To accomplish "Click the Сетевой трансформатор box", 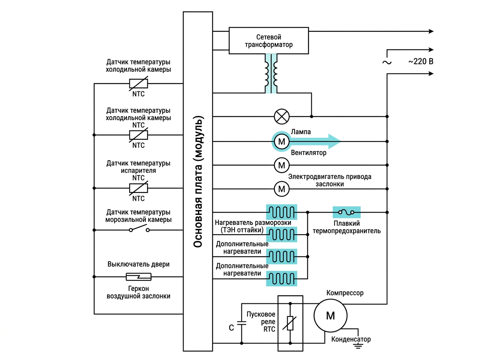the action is (x=269, y=41).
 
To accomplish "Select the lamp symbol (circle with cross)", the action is (x=282, y=116).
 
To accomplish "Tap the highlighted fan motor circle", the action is (x=282, y=142).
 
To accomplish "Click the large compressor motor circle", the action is (x=331, y=315).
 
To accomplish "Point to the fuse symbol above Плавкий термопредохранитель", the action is (x=347, y=212).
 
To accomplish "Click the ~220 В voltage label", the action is (x=421, y=61).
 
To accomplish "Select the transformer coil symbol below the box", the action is (x=271, y=74).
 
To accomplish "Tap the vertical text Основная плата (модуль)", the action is (x=198, y=182).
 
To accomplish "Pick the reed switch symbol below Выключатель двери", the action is (x=139, y=277).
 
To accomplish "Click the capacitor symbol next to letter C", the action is (x=241, y=323).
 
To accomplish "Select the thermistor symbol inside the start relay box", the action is (x=290, y=323).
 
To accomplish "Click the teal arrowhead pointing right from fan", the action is (x=334, y=141).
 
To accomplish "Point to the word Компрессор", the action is (x=345, y=293).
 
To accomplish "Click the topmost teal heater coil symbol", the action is (x=282, y=212).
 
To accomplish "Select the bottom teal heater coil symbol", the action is (x=282, y=279).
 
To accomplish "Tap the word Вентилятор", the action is (x=308, y=152).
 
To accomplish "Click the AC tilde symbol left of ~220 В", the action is (x=387, y=62).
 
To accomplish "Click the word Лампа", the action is (x=301, y=132).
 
